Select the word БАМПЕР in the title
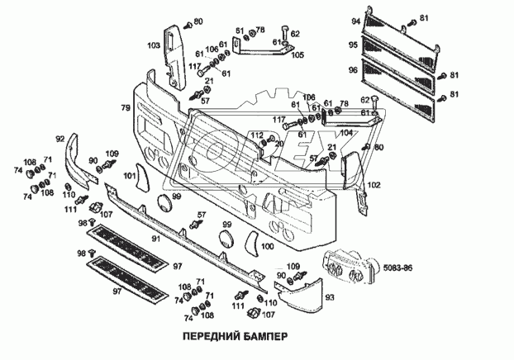264,338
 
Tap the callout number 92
60,139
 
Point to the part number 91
154,239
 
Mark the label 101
130,176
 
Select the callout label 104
345,132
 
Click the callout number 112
257,135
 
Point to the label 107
106,216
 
